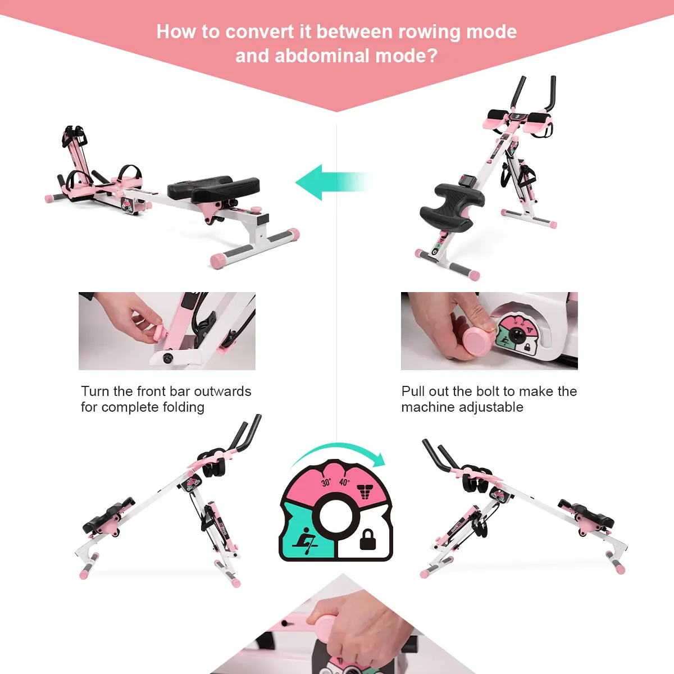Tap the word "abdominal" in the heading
322,56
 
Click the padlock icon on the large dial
368,539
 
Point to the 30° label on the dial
326,482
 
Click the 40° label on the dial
344,481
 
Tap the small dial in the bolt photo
517,335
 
